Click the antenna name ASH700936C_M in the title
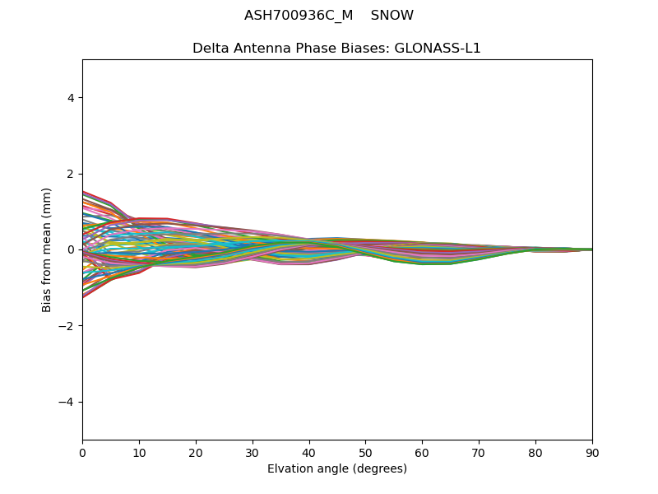299,16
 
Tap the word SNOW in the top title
392,16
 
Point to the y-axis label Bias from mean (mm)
47,249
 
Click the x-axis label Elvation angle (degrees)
337,469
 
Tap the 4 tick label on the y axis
71,98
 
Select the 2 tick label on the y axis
71,174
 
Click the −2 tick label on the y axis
67,326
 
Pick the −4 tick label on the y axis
67,402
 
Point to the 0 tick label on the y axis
71,249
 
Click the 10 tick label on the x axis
139,452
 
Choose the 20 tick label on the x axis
196,452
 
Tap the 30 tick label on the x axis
253,452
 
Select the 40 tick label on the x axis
309,452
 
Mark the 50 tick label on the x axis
365,452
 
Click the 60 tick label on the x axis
422,452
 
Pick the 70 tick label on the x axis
479,452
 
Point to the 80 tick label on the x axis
535,452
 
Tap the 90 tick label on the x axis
592,452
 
